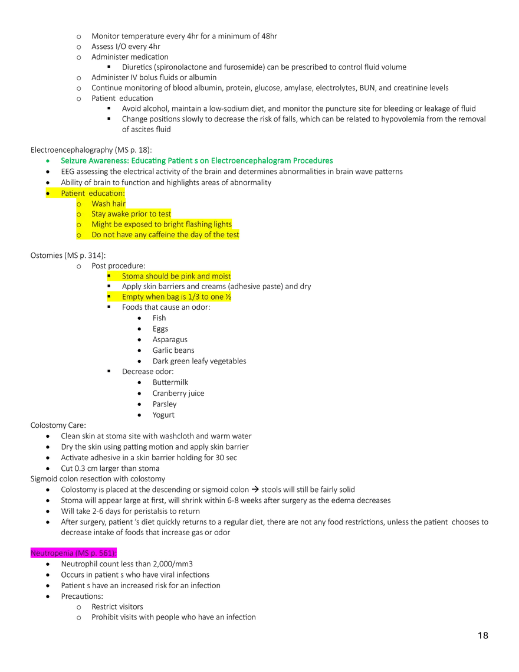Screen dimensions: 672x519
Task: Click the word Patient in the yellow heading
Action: (x=73, y=194)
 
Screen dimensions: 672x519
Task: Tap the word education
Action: (x=106, y=194)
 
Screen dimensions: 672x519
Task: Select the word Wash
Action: (x=100, y=204)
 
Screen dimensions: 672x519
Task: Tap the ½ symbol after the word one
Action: (x=228, y=297)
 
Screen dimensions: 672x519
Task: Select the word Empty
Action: (x=133, y=297)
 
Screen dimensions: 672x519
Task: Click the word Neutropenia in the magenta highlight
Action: (x=52, y=553)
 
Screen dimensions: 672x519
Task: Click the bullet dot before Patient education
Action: (x=48, y=194)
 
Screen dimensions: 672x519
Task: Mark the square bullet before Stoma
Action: (x=109, y=276)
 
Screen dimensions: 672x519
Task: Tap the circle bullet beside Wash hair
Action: (x=78, y=204)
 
